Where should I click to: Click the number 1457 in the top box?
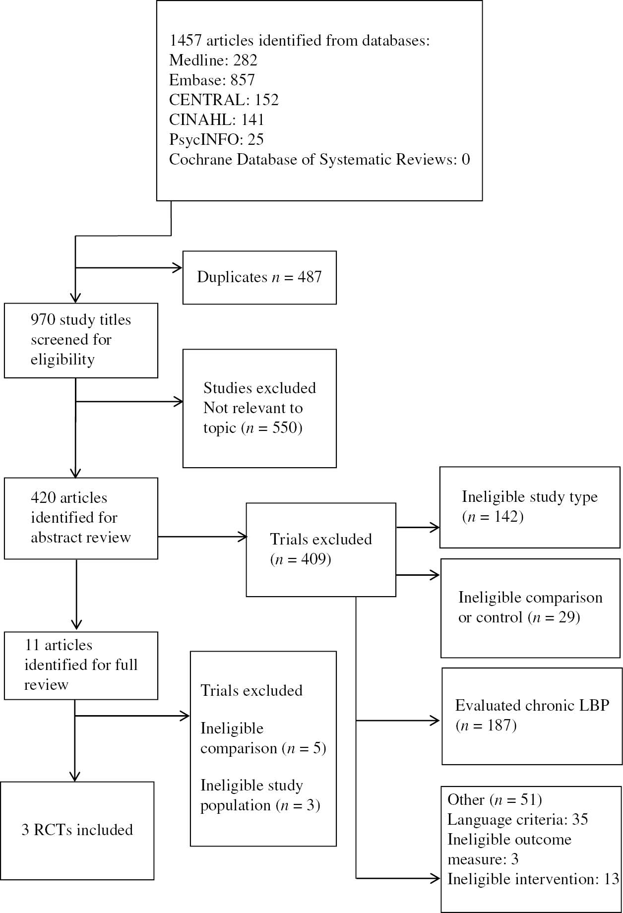coord(186,40)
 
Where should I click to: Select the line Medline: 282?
coord(213,60)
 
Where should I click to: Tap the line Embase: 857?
coord(212,80)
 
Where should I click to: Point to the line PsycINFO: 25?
coord(216,139)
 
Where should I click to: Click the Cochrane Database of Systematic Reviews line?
coord(319,159)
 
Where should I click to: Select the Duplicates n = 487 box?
coord(259,277)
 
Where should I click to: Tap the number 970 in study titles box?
coord(43,319)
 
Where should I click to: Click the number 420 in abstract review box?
coord(43,497)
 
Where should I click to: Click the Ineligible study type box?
coord(530,507)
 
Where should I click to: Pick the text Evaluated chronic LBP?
coord(532,705)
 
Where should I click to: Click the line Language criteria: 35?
coord(517,819)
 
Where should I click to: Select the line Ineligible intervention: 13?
coord(533,879)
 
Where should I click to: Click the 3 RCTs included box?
coord(77,830)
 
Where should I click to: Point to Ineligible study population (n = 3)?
coord(259,795)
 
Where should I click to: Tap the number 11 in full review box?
coord(32,645)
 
